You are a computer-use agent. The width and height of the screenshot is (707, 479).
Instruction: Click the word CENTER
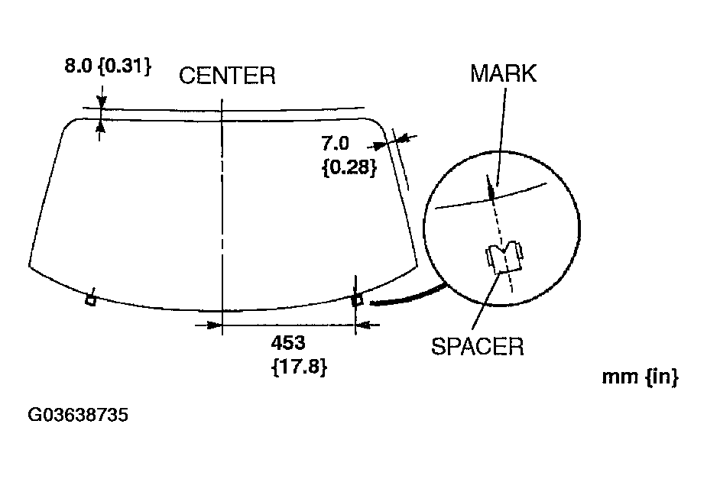[227, 76]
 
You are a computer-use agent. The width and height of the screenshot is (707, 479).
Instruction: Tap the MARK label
[503, 73]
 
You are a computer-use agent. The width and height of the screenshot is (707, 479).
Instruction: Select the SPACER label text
[478, 347]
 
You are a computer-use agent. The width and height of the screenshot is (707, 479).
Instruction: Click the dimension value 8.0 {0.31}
[106, 66]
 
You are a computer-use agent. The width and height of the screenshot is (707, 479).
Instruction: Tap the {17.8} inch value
[299, 367]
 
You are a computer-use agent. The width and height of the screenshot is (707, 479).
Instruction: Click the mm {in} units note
[641, 377]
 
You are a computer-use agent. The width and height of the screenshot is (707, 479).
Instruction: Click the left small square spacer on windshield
[90, 299]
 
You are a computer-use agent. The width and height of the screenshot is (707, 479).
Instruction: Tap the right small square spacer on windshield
[357, 299]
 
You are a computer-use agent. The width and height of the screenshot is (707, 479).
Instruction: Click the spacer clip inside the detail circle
[502, 257]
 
